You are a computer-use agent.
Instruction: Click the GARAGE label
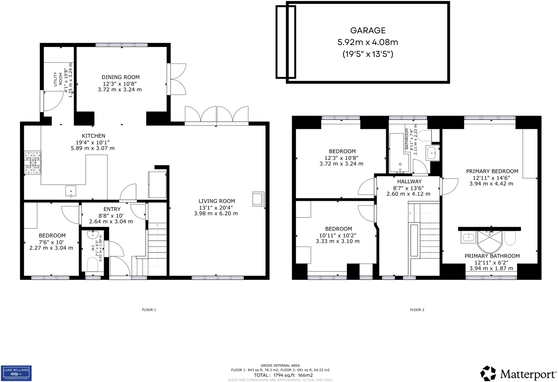[368, 31]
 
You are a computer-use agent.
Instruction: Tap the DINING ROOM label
[120, 77]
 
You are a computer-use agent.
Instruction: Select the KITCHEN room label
[93, 136]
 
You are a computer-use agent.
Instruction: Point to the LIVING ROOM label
[216, 201]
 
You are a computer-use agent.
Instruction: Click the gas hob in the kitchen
[33, 163]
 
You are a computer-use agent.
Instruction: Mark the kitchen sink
[71, 191]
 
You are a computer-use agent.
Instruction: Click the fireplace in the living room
[258, 199]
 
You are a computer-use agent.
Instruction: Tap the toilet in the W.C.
[93, 264]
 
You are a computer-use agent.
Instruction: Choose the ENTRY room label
[112, 209]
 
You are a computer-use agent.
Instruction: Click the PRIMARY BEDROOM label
[492, 171]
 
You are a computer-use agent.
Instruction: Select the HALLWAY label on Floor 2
[409, 182]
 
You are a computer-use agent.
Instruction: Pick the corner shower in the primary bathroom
[489, 241]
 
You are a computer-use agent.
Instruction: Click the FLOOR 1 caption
[149, 310]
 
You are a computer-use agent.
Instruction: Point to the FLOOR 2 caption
[417, 310]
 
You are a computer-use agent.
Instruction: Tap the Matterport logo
[518, 374]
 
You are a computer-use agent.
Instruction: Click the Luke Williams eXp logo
[16, 373]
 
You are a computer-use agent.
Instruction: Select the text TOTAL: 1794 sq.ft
[274, 375]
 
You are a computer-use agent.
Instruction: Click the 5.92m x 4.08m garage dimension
[368, 42]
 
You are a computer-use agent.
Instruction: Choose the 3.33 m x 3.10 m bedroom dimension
[338, 241]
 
